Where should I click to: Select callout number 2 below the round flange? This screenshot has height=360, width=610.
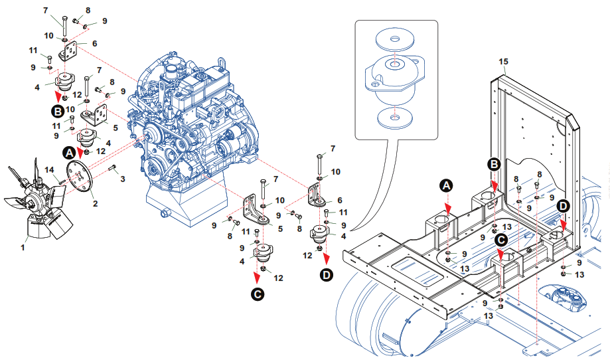(95, 203)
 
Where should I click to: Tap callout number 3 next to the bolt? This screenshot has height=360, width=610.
(123, 179)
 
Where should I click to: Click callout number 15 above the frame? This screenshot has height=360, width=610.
(503, 62)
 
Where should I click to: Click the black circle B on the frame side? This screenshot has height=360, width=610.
(494, 163)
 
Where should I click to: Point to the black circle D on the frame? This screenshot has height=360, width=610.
(563, 206)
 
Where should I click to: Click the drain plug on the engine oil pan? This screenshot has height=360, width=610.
(163, 214)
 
